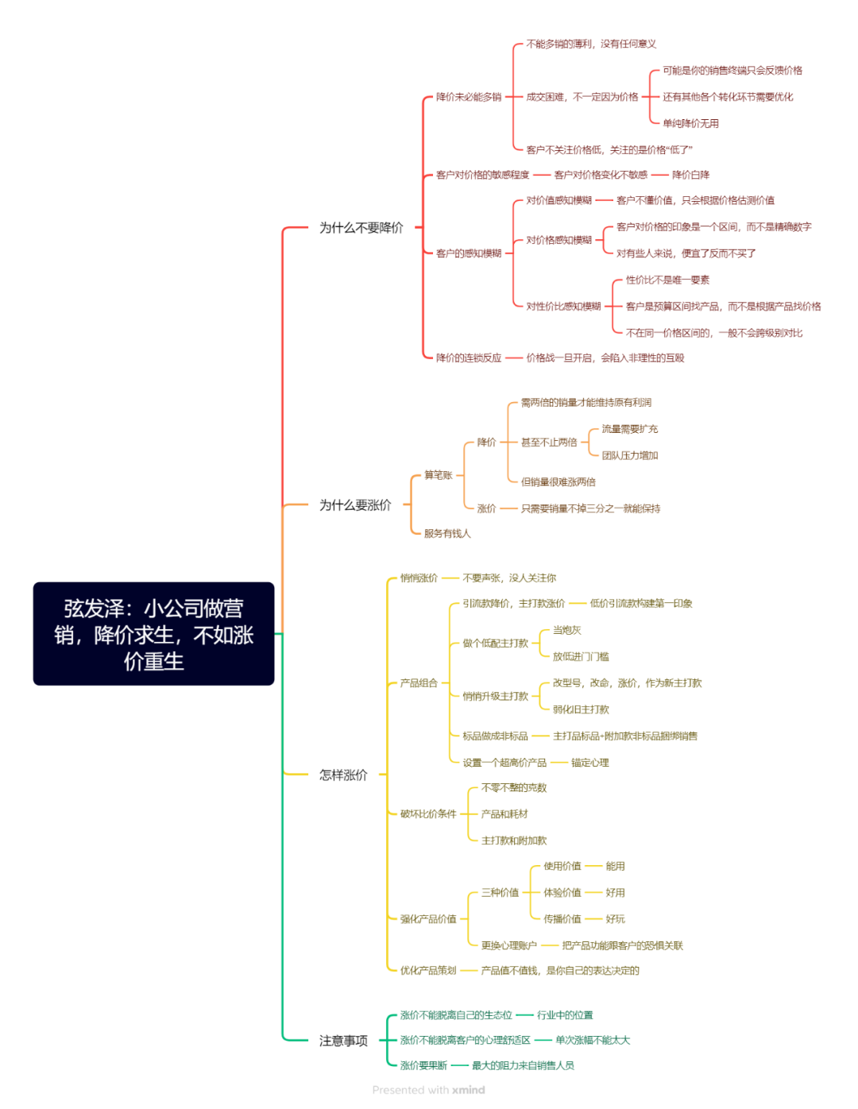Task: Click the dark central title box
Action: point(153,633)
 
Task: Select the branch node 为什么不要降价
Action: point(361,228)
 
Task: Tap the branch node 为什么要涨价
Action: point(355,504)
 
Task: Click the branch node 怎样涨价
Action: point(343,775)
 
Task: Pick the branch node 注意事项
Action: point(343,1041)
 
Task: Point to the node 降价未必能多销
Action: point(468,97)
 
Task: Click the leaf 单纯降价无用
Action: point(690,123)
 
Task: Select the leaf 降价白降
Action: point(690,175)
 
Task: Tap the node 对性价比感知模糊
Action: point(563,306)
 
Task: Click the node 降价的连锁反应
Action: point(468,357)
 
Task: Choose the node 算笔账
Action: point(438,475)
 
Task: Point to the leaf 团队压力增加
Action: point(629,455)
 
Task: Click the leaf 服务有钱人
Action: point(447,533)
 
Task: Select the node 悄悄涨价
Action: point(419,578)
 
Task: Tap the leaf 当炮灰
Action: point(566,630)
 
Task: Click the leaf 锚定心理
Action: point(589,763)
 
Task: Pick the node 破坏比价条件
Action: point(427,813)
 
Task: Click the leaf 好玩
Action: point(615,918)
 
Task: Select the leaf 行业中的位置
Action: point(565,1015)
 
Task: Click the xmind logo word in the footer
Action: point(468,1090)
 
